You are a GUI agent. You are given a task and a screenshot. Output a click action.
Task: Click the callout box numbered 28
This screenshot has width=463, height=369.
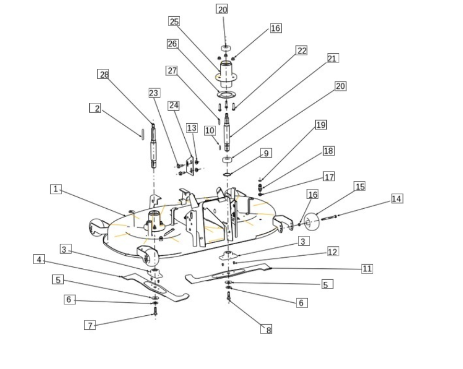(103, 74)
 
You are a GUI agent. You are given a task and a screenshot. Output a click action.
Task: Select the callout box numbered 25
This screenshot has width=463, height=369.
(174, 21)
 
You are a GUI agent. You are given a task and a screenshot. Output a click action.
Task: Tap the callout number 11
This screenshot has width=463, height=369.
(367, 269)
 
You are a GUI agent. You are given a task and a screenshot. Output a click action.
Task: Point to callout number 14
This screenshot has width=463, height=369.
(397, 199)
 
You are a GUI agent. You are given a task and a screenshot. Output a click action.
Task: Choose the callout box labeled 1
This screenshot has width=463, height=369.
(56, 189)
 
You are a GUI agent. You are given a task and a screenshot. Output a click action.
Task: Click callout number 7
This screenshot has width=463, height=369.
(90, 325)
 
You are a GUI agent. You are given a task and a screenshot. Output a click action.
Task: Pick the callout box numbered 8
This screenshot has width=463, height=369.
(266, 329)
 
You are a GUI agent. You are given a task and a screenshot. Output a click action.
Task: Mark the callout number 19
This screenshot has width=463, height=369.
(321, 125)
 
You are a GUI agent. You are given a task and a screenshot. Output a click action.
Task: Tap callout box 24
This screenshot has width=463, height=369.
(174, 105)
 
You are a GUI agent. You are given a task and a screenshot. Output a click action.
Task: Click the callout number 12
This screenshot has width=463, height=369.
(333, 252)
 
